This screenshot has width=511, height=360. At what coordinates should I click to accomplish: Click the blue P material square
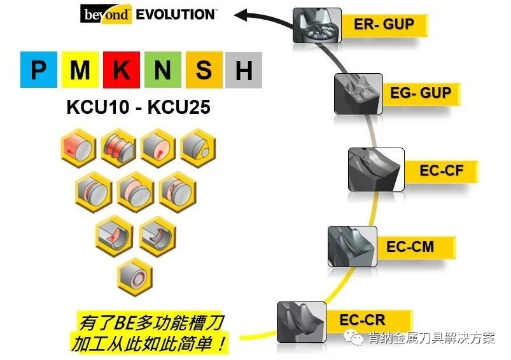pyautogui.click(x=38, y=70)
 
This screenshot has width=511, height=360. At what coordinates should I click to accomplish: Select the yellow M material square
pyautogui.click(x=80, y=70)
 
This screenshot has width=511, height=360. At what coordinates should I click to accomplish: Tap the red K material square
pyautogui.click(x=121, y=70)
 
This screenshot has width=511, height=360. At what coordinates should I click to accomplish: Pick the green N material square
pyautogui.click(x=162, y=70)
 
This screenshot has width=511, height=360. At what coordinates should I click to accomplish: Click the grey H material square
pyautogui.click(x=244, y=70)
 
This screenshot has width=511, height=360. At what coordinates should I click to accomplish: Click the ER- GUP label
pyautogui.click(x=384, y=25)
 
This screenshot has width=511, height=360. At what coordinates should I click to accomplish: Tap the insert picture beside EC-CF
pyautogui.click(x=375, y=169)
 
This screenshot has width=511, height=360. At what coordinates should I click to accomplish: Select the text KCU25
pyautogui.click(x=178, y=107)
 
